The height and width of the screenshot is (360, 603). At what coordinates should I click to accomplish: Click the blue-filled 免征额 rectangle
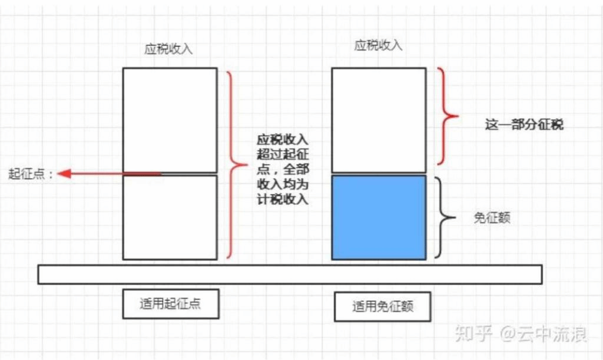pyautogui.click(x=379, y=217)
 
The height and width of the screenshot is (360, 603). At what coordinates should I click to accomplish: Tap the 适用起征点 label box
pyautogui.click(x=170, y=304)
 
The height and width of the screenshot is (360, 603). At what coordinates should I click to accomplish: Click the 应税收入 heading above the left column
pyautogui.click(x=168, y=49)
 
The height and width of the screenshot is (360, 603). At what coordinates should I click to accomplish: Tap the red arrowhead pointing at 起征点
pyautogui.click(x=64, y=174)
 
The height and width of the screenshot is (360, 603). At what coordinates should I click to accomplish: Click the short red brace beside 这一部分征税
pyautogui.click(x=450, y=116)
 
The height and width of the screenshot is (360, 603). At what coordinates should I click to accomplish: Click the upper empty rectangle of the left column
pyautogui.click(x=170, y=120)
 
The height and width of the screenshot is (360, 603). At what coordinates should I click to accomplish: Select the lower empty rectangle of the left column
pyautogui.click(x=170, y=217)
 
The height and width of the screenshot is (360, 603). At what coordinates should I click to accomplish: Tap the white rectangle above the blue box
pyautogui.click(x=379, y=120)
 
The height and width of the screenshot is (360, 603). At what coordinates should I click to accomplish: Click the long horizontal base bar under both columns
pyautogui.click(x=290, y=275)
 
